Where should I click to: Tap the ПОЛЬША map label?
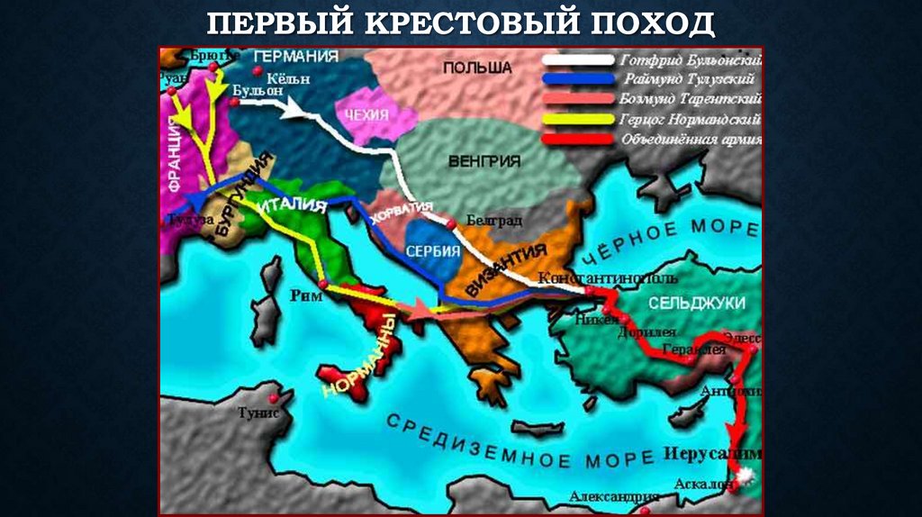pyautogui.click(x=477, y=68)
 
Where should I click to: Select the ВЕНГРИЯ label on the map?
pyautogui.click(x=484, y=161)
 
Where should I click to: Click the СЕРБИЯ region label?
pyautogui.click(x=433, y=251)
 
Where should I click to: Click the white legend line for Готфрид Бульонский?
pyautogui.click(x=578, y=61)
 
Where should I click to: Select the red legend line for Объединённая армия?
pyautogui.click(x=578, y=139)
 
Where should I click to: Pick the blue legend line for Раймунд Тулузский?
pyautogui.click(x=578, y=79)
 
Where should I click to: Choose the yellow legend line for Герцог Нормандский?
pyautogui.click(x=578, y=119)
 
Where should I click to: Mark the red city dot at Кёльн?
pyautogui.click(x=258, y=71)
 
